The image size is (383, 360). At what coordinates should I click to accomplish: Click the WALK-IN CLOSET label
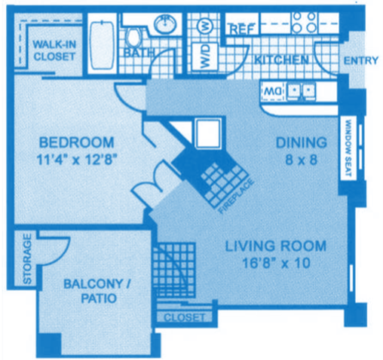tap(54, 50)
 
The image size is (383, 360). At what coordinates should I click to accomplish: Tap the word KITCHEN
tap(280, 59)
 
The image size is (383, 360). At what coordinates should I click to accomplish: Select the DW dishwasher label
tap(271, 91)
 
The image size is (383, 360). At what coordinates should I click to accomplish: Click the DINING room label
tap(300, 142)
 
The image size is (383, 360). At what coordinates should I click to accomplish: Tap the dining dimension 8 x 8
tap(301, 159)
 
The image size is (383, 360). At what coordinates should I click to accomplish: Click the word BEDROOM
tap(76, 142)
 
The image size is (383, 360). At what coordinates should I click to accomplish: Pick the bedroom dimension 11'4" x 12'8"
tap(75, 159)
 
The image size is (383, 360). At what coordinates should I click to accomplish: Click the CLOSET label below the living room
tap(184, 318)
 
